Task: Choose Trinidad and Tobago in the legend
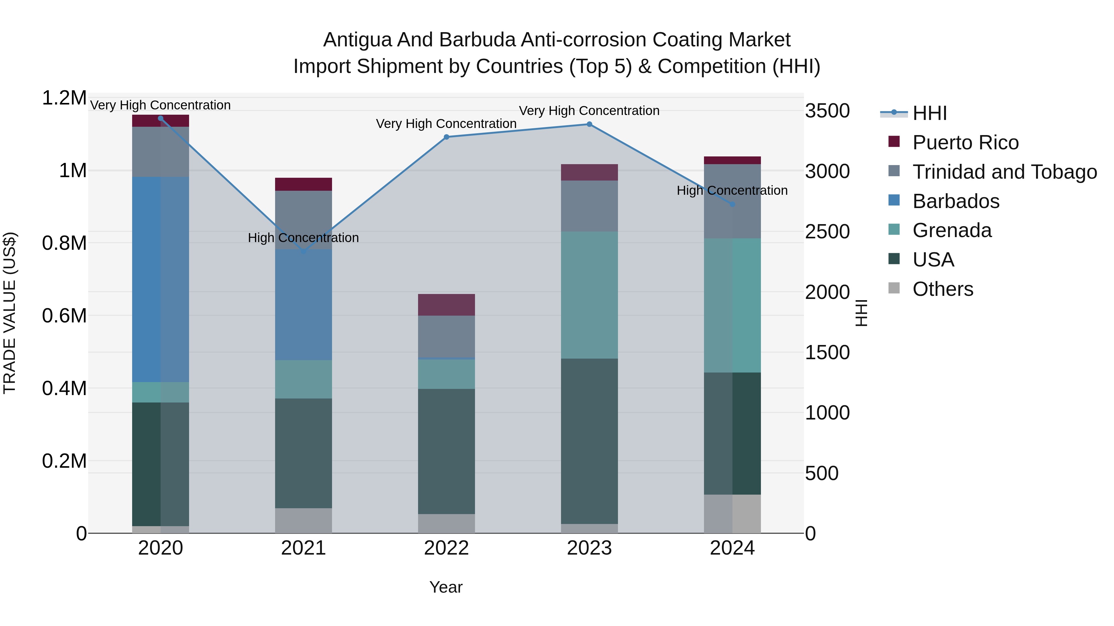(x=1004, y=172)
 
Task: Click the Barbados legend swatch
(x=894, y=201)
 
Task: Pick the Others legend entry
(x=943, y=289)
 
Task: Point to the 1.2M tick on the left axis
(x=64, y=98)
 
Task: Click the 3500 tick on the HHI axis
(x=827, y=111)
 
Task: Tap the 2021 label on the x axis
(x=303, y=548)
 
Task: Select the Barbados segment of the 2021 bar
(x=303, y=304)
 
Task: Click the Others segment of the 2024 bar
(x=732, y=514)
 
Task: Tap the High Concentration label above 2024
(x=732, y=190)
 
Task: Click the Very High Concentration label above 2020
(x=160, y=105)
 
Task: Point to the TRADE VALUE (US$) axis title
(x=10, y=313)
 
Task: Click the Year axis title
(x=446, y=587)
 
